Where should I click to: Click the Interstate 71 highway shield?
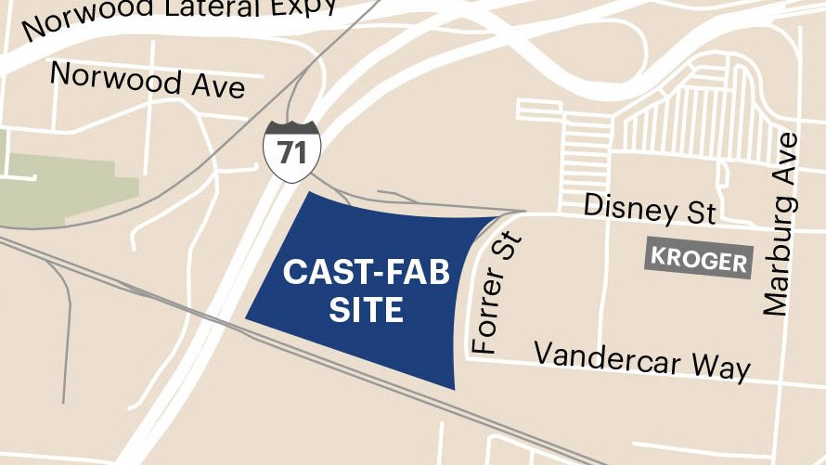pos(291,150)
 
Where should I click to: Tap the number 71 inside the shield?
pos(291,153)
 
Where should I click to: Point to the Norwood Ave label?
pos(148,80)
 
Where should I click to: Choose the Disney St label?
pos(649,210)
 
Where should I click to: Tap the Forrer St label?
pos(497,294)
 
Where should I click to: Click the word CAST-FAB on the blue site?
pos(366,273)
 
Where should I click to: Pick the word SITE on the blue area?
pos(367,309)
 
